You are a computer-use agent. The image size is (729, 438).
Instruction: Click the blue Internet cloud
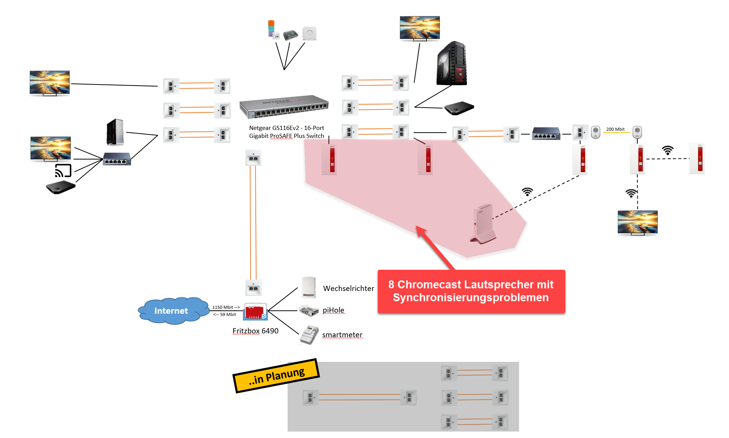pyautogui.click(x=172, y=311)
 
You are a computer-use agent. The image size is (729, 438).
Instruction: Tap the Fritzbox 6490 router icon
pyautogui.click(x=255, y=311)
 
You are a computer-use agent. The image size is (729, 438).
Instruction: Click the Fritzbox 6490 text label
pyautogui.click(x=255, y=331)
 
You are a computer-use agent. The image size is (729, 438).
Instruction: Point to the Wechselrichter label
pyautogui.click(x=348, y=288)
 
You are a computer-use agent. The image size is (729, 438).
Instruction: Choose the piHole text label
pyautogui.click(x=333, y=310)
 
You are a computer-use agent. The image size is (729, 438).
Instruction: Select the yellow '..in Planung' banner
pyautogui.click(x=276, y=375)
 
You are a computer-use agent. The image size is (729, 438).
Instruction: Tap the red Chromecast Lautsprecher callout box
pyautogui.click(x=471, y=291)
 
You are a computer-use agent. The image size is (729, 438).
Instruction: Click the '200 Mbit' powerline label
pyautogui.click(x=615, y=129)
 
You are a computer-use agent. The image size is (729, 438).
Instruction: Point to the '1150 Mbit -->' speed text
pyautogui.click(x=226, y=307)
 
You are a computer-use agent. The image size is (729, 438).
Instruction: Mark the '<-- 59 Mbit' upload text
pyautogui.click(x=225, y=314)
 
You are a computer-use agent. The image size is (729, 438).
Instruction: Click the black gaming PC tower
pyautogui.click(x=452, y=63)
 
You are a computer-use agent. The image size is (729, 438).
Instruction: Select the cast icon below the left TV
pyautogui.click(x=63, y=171)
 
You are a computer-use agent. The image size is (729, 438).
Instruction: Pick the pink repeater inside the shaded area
pyautogui.click(x=483, y=223)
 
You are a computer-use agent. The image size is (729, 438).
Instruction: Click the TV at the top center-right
pyautogui.click(x=420, y=28)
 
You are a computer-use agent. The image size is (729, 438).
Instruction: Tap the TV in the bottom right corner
pyautogui.click(x=637, y=223)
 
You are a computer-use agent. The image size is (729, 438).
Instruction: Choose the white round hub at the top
pyautogui.click(x=310, y=33)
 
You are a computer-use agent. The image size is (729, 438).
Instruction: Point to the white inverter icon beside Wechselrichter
pyautogui.click(x=308, y=288)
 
